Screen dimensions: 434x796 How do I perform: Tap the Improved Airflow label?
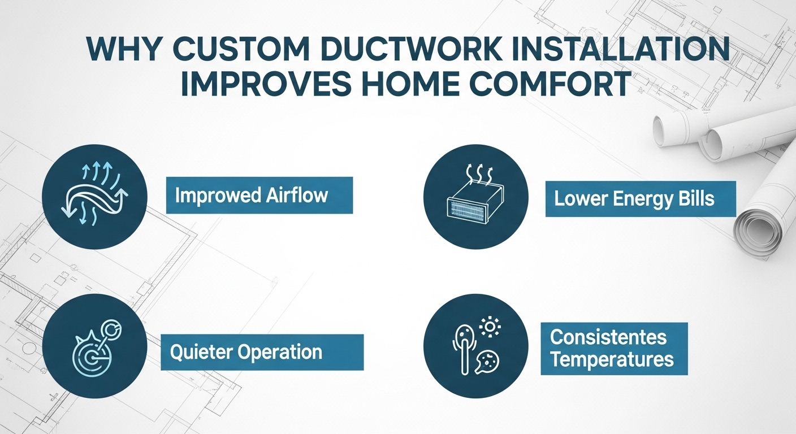pos(259,196)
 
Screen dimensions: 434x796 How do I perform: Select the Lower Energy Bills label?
pos(640,198)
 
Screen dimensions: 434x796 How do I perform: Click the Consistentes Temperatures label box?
pos(614,349)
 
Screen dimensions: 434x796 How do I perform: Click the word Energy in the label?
pos(641,198)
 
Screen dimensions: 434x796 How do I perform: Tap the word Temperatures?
pos(612,359)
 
